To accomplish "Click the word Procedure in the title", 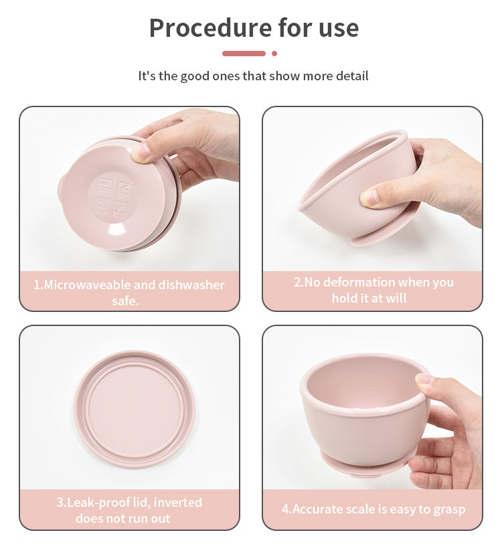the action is click(211, 28).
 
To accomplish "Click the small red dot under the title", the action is click(274, 54).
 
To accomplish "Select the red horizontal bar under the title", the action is click(244, 54).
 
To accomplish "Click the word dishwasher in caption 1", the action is click(191, 285).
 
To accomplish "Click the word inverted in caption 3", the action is click(177, 502).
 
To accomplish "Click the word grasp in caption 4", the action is click(449, 510).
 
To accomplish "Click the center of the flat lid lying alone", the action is click(135, 409).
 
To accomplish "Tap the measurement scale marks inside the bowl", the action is click(370, 380).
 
